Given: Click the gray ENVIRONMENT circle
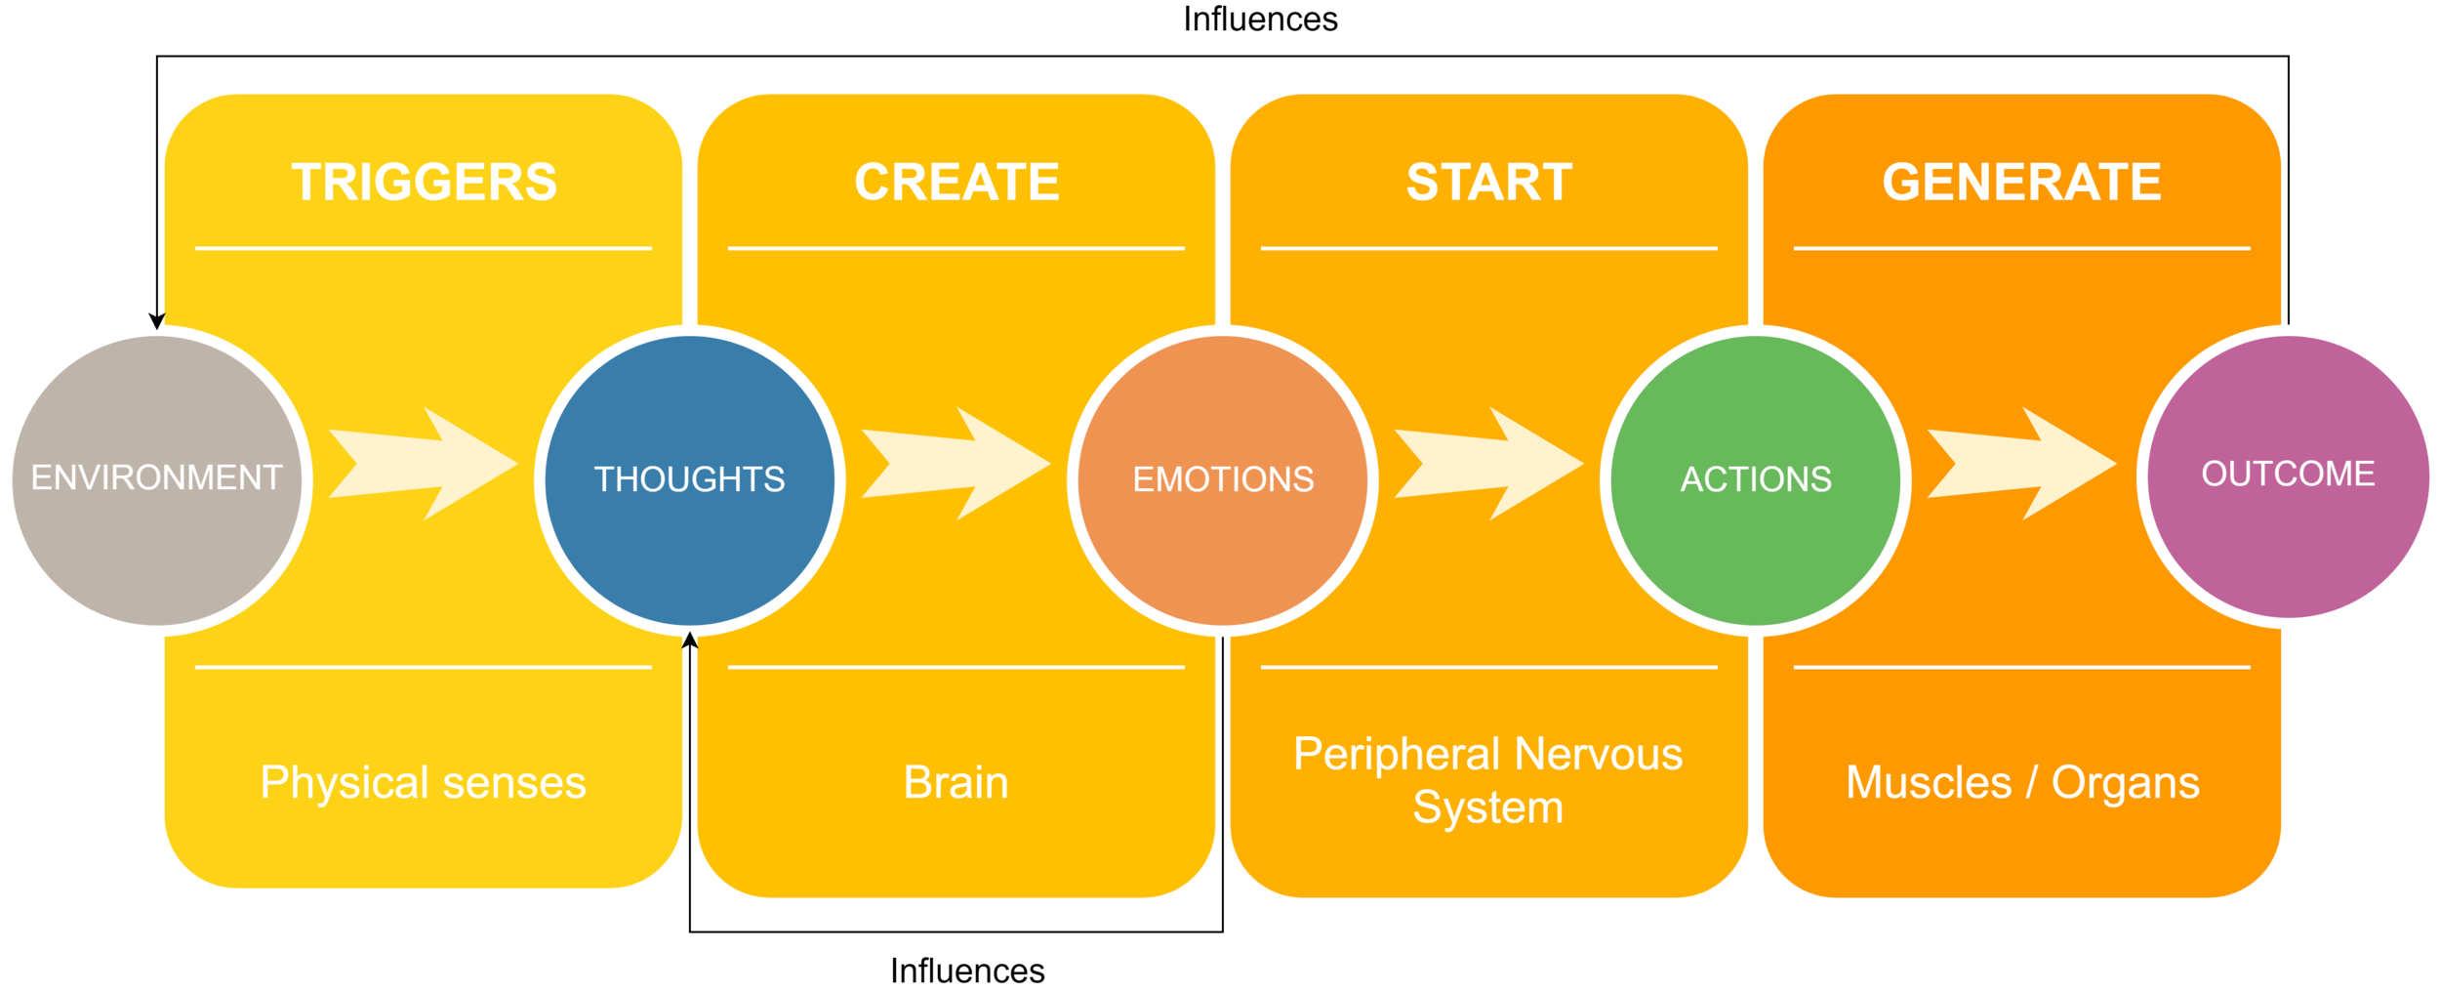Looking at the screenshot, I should (156, 479).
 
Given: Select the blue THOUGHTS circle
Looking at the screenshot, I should (689, 479).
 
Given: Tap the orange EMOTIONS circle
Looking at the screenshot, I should (1223, 479).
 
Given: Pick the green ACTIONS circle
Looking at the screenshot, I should (1756, 479).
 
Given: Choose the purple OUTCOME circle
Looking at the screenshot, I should (2288, 475).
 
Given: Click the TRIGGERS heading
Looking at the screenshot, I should (424, 183).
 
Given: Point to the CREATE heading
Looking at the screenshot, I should (956, 183).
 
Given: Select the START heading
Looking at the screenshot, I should (1489, 183).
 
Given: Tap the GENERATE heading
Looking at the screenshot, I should (2022, 183).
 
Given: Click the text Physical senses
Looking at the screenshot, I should (423, 782).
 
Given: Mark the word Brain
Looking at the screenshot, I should (956, 782).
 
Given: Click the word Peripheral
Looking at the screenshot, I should (1397, 755).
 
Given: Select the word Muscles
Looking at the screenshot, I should (1929, 782).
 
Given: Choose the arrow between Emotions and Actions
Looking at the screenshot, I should (1487, 464).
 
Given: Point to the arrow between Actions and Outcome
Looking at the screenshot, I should (2020, 464).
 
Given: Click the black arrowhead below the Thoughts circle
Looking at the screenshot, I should (690, 641).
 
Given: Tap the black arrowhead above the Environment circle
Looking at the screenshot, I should (156, 321).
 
